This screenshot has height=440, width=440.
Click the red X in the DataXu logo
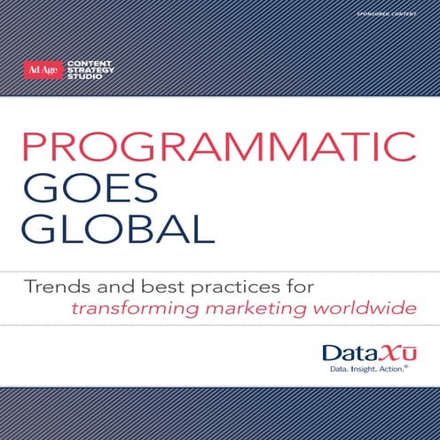coord(384,352)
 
